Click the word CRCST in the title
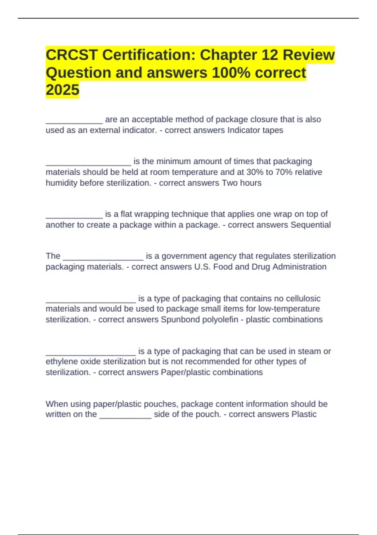point(71,55)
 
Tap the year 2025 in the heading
point(63,90)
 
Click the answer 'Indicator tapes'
point(255,130)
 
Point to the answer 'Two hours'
point(242,183)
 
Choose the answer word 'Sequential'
point(310,225)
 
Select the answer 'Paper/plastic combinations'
point(212,372)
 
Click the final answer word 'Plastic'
point(304,414)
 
